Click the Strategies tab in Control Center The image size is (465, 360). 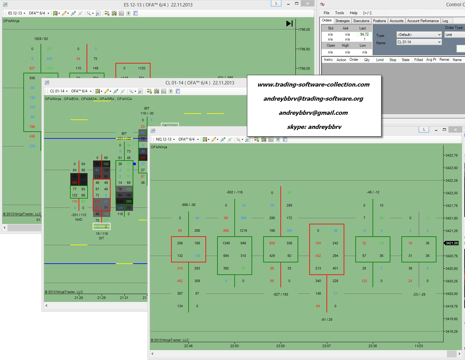(342, 21)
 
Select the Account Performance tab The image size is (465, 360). (423, 21)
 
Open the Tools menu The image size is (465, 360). (339, 13)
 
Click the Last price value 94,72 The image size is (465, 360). (364, 34)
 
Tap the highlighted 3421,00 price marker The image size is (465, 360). (451, 243)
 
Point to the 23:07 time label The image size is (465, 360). (326, 346)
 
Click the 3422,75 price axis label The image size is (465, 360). (451, 155)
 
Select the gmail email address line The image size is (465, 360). (313, 113)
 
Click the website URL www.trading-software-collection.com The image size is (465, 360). (314, 85)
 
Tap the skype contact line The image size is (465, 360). (314, 127)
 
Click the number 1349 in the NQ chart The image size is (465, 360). (226, 243)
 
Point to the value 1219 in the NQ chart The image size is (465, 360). (243, 230)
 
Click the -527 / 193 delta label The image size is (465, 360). (280, 294)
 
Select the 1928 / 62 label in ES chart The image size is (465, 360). (41, 39)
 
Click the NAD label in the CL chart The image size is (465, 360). (79, 219)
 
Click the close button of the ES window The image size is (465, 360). (307, 4)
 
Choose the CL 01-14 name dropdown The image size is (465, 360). (419, 42)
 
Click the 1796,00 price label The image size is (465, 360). (304, 29)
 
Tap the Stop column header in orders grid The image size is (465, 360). (393, 60)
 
